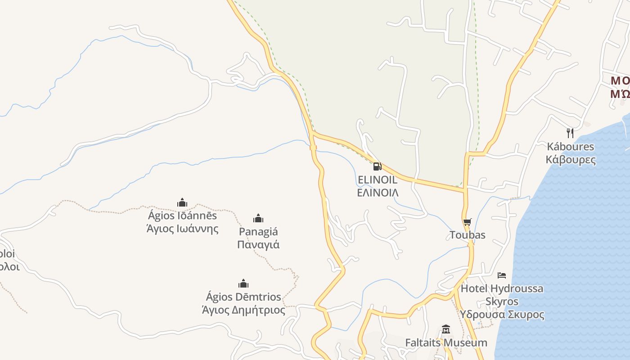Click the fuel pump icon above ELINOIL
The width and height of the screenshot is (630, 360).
[x=378, y=166]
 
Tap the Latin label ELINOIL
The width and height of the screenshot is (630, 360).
[x=378, y=180]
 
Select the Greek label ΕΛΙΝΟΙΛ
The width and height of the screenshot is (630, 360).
[x=378, y=193]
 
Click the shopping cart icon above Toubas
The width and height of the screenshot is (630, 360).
[x=468, y=222]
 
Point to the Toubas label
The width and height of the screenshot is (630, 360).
[x=468, y=235]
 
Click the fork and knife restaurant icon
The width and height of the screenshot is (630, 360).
[x=570, y=133]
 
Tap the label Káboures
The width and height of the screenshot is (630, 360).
[x=570, y=147]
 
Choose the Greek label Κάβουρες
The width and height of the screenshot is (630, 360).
[x=571, y=159]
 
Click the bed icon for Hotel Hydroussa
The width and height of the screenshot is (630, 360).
[x=502, y=275]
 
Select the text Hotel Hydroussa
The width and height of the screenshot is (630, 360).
[x=502, y=288]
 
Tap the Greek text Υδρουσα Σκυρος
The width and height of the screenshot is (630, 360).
[x=502, y=315]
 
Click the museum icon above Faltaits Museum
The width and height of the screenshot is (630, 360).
[x=446, y=329]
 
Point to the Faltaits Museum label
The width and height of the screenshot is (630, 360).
[x=446, y=343]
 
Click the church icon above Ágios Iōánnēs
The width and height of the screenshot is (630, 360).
[x=182, y=202]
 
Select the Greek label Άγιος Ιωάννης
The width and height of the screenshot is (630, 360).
[x=183, y=229]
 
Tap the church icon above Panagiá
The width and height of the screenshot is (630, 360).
[x=258, y=219]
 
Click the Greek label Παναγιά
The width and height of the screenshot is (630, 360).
[x=258, y=245]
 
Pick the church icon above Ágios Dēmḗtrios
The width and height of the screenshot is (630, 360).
[x=243, y=283]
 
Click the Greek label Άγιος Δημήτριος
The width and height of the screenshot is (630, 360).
[x=243, y=310]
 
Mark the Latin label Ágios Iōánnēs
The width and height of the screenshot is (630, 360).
[x=183, y=216]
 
